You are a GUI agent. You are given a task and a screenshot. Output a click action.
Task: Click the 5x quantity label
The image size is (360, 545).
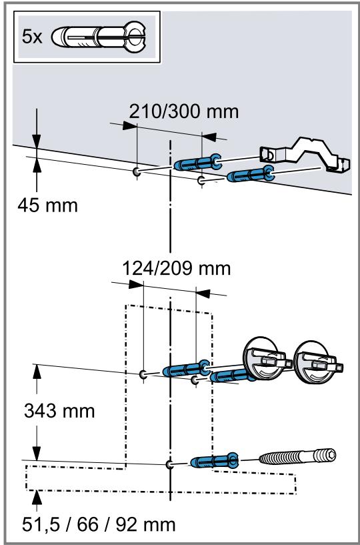click(x=32, y=37)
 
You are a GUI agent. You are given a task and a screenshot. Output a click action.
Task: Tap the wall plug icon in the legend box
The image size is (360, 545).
click(x=99, y=37)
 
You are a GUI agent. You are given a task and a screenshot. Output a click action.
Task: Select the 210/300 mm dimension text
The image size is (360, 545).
click(x=184, y=111)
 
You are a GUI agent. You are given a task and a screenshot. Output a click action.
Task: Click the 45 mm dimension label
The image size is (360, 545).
click(x=47, y=205)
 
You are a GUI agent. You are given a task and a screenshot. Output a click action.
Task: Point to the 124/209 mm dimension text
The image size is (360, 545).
click(x=177, y=268)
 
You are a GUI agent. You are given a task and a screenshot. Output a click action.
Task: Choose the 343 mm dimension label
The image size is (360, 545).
click(x=59, y=411)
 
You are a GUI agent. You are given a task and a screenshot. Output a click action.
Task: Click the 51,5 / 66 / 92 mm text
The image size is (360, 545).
click(x=99, y=525)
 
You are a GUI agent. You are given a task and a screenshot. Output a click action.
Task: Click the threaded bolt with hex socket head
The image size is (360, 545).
click(x=297, y=456)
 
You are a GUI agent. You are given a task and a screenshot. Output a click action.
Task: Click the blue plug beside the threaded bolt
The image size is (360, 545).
click(x=215, y=461)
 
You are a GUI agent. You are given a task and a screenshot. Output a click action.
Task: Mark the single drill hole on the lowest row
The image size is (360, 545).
click(x=169, y=465)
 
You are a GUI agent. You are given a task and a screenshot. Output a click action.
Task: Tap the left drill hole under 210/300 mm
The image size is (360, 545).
click(x=137, y=171)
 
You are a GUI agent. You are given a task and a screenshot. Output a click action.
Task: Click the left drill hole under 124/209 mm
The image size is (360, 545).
click(x=143, y=375)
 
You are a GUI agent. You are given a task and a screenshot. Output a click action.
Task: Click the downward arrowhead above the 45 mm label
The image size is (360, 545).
click(x=37, y=141)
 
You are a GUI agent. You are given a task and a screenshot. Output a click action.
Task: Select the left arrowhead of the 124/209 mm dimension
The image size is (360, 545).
click(x=136, y=285)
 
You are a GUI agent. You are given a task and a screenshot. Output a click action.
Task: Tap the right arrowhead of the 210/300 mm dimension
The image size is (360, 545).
click(x=209, y=137)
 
